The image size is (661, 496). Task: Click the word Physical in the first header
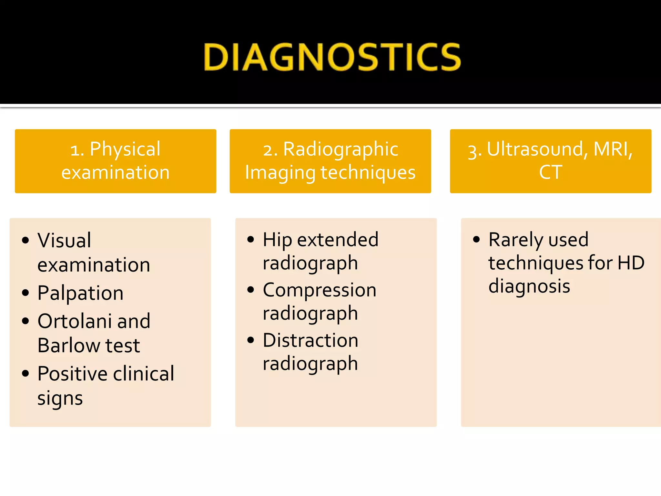pos(125,149)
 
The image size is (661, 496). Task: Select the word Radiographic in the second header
pos(341,149)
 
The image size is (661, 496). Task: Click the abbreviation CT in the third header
pos(551,172)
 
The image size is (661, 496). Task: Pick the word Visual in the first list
pos(64,241)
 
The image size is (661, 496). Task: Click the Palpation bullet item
pos(80,293)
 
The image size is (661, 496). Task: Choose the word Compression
pos(320,290)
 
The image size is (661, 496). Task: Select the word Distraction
pos(310,340)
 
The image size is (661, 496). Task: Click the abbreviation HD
pos(631,263)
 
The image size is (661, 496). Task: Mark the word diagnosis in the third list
pos(529,286)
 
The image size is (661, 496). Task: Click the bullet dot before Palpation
pos(25,293)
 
